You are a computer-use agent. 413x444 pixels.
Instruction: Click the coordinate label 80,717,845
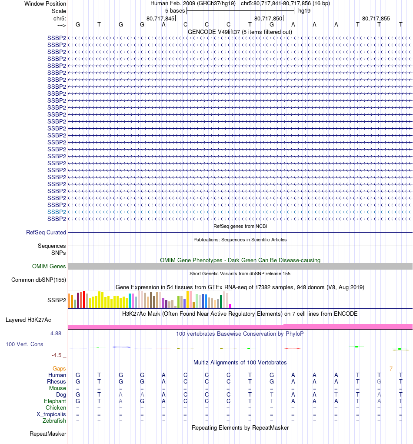point(160,18)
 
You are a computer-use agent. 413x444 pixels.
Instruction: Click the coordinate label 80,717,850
point(268,18)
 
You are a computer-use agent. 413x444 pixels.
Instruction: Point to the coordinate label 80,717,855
point(376,18)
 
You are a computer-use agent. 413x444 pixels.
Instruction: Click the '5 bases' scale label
point(174,10)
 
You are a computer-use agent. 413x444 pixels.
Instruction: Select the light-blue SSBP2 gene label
point(57,212)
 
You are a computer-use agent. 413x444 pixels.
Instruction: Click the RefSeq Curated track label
point(46,233)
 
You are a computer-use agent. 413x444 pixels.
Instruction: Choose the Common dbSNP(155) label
point(39,280)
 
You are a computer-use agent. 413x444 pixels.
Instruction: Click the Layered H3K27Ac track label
point(28,320)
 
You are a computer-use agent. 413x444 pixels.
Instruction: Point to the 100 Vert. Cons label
point(24,344)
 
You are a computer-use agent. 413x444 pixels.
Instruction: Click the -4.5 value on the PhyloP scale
point(58,355)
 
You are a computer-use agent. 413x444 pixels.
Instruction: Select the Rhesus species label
point(56,382)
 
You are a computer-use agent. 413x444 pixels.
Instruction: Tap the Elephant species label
point(55,401)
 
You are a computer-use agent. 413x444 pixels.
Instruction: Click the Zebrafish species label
point(54,421)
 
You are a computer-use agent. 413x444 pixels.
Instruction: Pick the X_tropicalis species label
point(51,414)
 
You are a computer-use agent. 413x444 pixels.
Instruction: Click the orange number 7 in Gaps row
point(391,369)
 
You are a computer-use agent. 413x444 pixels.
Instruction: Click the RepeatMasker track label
point(48,434)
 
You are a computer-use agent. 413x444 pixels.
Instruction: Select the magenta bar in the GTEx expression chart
point(230,306)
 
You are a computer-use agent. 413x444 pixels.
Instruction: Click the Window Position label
point(45,3)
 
